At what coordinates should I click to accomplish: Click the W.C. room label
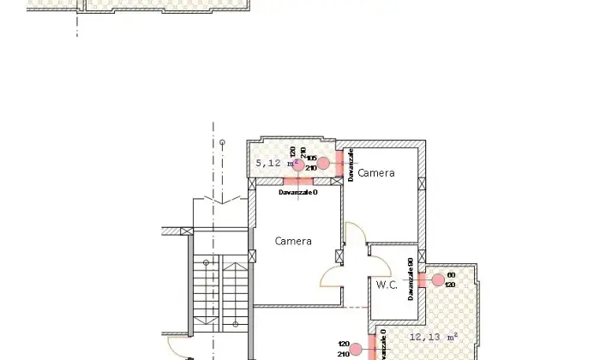(x=386, y=285)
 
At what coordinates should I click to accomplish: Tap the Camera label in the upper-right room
(x=376, y=173)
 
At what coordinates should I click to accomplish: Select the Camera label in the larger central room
(x=293, y=241)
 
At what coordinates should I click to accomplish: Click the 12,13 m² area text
(x=434, y=336)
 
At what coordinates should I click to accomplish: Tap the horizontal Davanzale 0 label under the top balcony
(x=297, y=192)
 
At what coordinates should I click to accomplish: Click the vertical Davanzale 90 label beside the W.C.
(x=411, y=279)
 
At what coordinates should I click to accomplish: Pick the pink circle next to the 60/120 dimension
(x=438, y=279)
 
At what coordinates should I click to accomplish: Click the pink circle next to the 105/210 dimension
(x=323, y=163)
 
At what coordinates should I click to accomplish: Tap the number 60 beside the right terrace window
(x=451, y=275)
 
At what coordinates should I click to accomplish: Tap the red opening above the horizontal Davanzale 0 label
(x=297, y=181)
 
